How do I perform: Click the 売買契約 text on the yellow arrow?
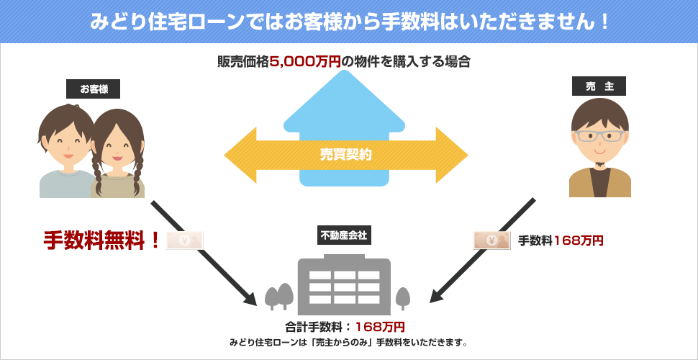coord(346,154)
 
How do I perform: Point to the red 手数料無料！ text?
coord(101,240)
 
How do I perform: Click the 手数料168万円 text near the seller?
coord(561,240)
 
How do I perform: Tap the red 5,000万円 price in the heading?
coord(305,62)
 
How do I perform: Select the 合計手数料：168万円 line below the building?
coord(345,326)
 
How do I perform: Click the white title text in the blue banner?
coord(349,21)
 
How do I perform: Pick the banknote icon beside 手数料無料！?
coord(185,240)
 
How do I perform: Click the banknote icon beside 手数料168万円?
coord(491,240)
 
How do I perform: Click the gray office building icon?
coord(343,284)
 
